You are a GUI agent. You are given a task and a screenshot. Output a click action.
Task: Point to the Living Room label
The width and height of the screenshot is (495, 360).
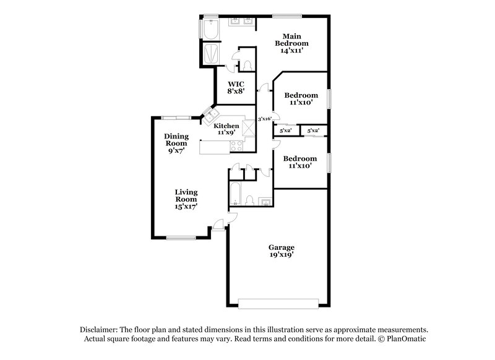[x=186, y=199]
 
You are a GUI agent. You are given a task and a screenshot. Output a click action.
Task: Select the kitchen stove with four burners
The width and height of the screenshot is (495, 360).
[x=237, y=147]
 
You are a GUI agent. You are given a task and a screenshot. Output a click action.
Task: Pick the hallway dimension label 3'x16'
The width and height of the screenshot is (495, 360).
[x=264, y=119]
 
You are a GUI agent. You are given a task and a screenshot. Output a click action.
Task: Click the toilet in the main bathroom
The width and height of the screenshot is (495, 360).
[x=246, y=63]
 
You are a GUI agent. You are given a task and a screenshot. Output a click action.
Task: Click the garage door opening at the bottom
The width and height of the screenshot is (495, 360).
[x=279, y=302]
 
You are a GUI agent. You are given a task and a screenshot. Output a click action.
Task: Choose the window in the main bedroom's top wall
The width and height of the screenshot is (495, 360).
[x=287, y=14]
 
